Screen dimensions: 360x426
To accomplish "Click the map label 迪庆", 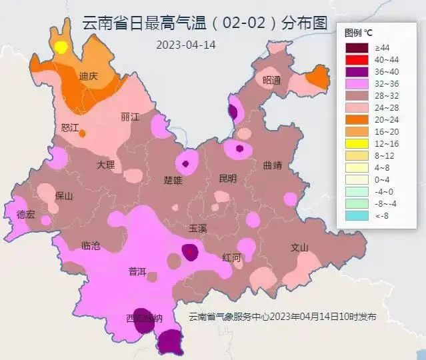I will click(x=88, y=76).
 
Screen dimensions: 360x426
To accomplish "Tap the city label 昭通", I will click(x=271, y=80).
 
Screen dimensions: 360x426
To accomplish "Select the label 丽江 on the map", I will click(x=130, y=117).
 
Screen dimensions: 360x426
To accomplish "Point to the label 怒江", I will click(x=70, y=127).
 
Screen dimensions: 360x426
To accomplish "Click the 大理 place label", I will click(x=105, y=164).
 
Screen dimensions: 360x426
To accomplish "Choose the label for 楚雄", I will click(x=173, y=180).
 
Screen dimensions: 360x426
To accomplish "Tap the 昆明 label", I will click(x=227, y=178).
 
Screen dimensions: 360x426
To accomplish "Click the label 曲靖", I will click(x=273, y=165).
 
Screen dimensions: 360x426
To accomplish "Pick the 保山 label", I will click(x=64, y=196).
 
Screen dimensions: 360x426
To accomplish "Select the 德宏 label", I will click(x=26, y=214).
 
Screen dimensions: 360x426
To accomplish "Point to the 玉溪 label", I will click(x=198, y=228).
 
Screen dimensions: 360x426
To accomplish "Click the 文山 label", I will click(x=299, y=247).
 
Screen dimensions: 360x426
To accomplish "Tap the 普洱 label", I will click(x=137, y=271).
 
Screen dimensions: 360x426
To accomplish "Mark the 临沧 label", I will click(x=90, y=246).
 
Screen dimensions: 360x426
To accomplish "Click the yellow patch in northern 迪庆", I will click(x=61, y=47).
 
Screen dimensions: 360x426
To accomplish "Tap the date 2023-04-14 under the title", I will click(x=186, y=45).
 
